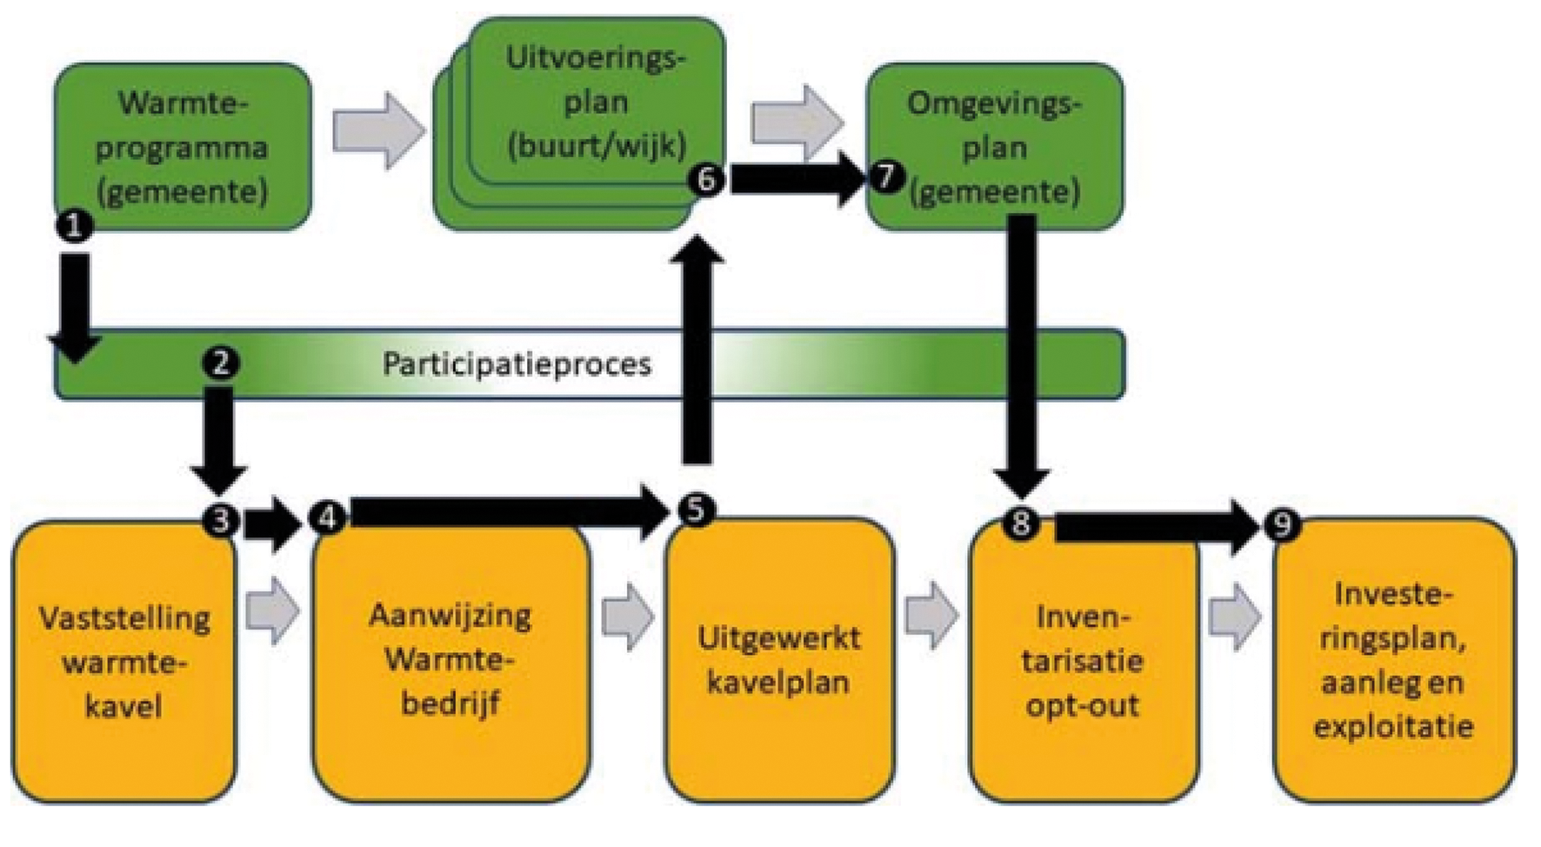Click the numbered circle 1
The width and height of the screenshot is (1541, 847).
[75, 226]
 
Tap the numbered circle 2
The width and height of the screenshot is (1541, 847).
[220, 362]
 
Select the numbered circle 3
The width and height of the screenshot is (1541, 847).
[221, 519]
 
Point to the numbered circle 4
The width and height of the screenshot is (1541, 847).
[328, 517]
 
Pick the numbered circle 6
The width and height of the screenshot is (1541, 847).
[706, 179]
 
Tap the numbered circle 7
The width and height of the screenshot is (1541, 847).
[886, 177]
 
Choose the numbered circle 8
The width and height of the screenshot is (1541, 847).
[1021, 524]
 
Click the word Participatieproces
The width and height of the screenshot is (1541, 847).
[517, 363]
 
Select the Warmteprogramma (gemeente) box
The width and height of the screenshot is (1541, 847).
[182, 145]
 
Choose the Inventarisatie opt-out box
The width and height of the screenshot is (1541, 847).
[1083, 661]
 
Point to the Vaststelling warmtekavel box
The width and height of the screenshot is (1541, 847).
[123, 661]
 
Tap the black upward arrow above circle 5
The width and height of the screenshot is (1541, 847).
[697, 348]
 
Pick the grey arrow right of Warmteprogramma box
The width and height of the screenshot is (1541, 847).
[378, 130]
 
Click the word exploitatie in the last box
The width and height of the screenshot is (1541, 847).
[1393, 726]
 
